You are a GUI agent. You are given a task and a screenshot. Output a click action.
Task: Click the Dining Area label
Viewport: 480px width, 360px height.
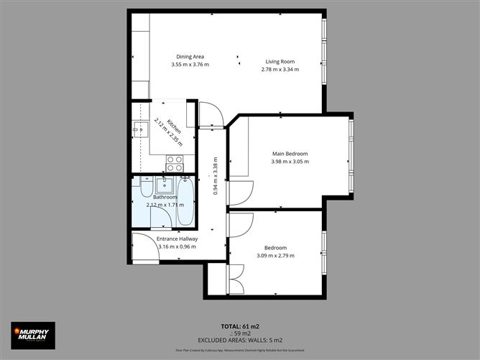click(190, 57)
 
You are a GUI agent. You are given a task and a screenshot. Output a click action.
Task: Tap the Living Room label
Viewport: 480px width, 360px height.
click(280, 62)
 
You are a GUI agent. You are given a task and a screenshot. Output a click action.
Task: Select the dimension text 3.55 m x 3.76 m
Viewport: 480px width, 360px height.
click(190, 65)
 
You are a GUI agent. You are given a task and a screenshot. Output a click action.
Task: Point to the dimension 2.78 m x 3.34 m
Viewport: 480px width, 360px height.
click(280, 70)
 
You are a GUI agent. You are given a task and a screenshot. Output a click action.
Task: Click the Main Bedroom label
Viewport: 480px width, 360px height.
click(290, 154)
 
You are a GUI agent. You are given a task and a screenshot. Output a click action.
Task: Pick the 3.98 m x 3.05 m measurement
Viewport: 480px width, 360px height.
click(290, 162)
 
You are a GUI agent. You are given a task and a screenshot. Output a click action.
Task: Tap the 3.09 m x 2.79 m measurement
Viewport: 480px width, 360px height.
click(275, 255)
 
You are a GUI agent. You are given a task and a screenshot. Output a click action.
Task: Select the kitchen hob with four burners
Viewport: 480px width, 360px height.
click(175, 163)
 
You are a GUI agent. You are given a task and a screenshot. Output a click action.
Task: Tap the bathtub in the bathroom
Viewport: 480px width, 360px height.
click(185, 203)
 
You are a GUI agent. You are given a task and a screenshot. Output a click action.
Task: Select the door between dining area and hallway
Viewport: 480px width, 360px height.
click(211, 115)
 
